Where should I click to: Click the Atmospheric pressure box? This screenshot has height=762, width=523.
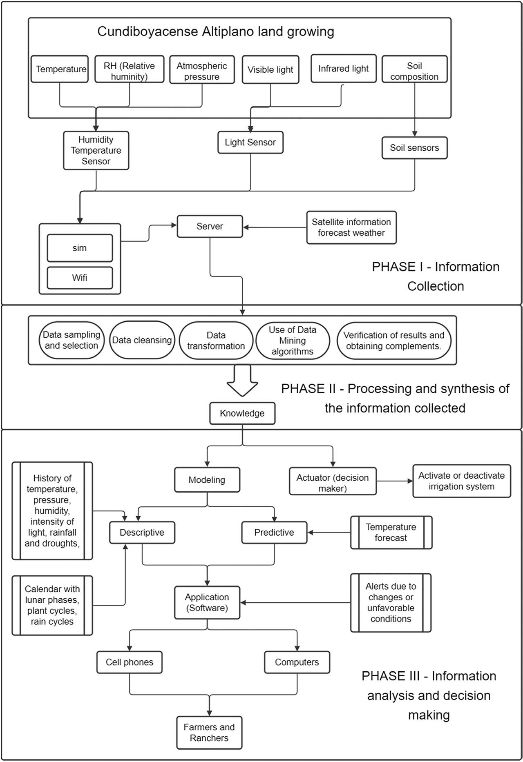202,70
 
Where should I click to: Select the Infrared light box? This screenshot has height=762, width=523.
343,69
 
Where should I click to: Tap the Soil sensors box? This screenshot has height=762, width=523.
414,148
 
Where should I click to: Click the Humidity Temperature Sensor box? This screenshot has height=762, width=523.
96,150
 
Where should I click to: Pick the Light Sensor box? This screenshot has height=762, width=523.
250,143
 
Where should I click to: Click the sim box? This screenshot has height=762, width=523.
80,248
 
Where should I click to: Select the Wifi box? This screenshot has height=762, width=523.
80,278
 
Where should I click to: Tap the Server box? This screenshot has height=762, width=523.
210,226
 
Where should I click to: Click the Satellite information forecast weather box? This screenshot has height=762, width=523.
351,227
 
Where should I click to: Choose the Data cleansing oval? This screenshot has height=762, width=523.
142,340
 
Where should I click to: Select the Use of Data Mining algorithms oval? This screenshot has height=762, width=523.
293,341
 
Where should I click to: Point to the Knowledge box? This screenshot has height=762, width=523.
242,413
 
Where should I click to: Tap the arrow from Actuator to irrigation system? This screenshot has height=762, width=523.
395,481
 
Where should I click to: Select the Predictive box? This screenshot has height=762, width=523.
274,533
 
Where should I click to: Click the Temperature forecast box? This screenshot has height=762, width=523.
391,533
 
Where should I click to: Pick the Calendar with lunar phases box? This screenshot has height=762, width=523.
52,605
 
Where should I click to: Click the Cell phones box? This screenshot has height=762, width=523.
130,662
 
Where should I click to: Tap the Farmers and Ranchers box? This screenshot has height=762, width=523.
209,733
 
